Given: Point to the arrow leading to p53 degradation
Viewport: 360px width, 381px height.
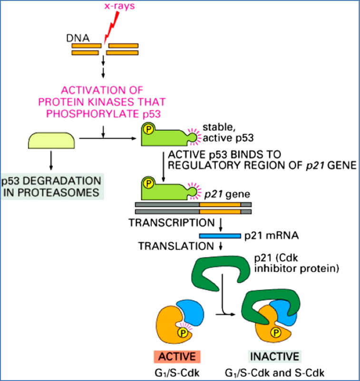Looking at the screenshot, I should click(51, 162).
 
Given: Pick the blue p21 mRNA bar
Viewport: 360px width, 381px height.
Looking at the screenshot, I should click(220, 236).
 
